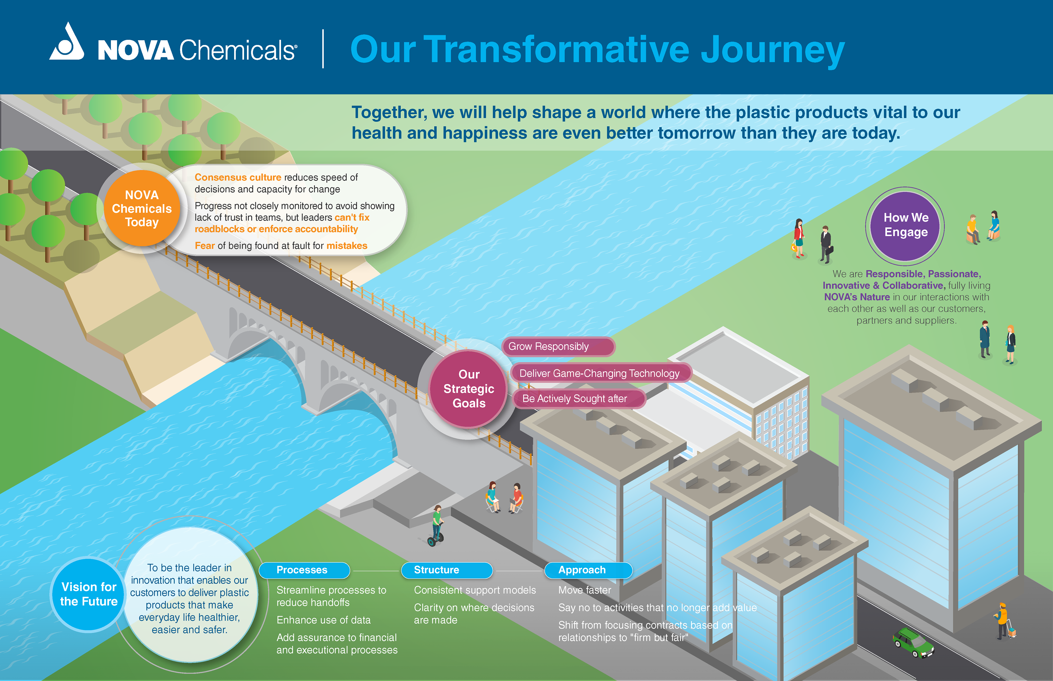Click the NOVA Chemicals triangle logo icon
[x=67, y=43]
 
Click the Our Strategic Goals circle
[x=469, y=389]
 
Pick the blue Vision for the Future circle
[x=89, y=594]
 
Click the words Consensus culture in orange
[x=237, y=177]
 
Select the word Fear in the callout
[x=204, y=246]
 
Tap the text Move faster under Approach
[x=584, y=590]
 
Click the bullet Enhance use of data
[x=323, y=620]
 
